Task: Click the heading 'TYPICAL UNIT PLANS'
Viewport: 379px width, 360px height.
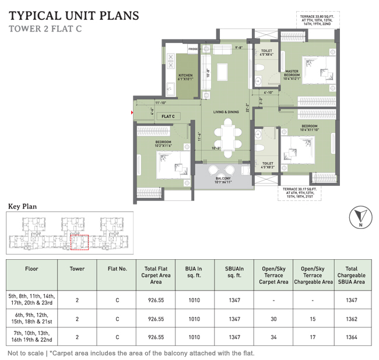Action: click(x=75, y=14)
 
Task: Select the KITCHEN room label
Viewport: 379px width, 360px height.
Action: click(x=185, y=76)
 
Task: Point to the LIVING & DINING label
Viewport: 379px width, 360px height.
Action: click(x=226, y=111)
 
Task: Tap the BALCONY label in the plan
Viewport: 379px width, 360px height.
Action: click(x=223, y=179)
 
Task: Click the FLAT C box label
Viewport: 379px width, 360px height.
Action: click(x=168, y=117)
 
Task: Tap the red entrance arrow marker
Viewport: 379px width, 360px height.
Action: click(x=134, y=111)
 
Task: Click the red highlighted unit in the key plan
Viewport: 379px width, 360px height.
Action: click(x=79, y=244)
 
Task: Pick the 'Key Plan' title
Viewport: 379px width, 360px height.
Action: click(x=22, y=206)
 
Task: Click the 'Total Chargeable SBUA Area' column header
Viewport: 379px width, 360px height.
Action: click(x=351, y=276)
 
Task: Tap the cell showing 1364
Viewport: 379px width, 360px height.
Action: click(x=351, y=338)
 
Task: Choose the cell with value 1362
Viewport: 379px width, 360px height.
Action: click(x=351, y=319)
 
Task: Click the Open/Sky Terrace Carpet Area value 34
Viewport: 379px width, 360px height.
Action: click(x=273, y=338)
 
